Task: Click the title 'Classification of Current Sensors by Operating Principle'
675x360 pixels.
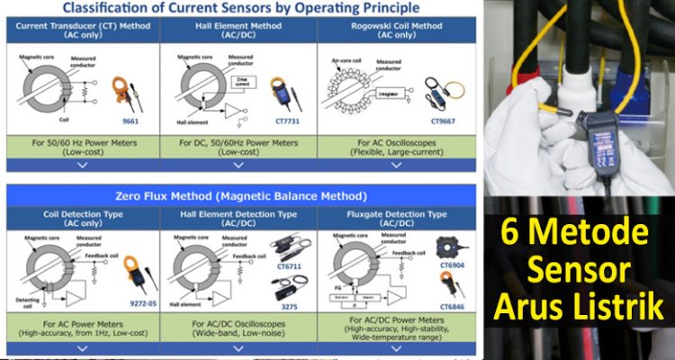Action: pos(240,8)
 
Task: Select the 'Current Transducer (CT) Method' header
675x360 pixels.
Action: pos(82,26)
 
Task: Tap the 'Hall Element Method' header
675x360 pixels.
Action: pos(239,26)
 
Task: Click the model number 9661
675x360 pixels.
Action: pos(130,118)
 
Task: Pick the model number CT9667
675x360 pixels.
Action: pos(444,118)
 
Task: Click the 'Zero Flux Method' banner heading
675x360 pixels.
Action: pos(241,194)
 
